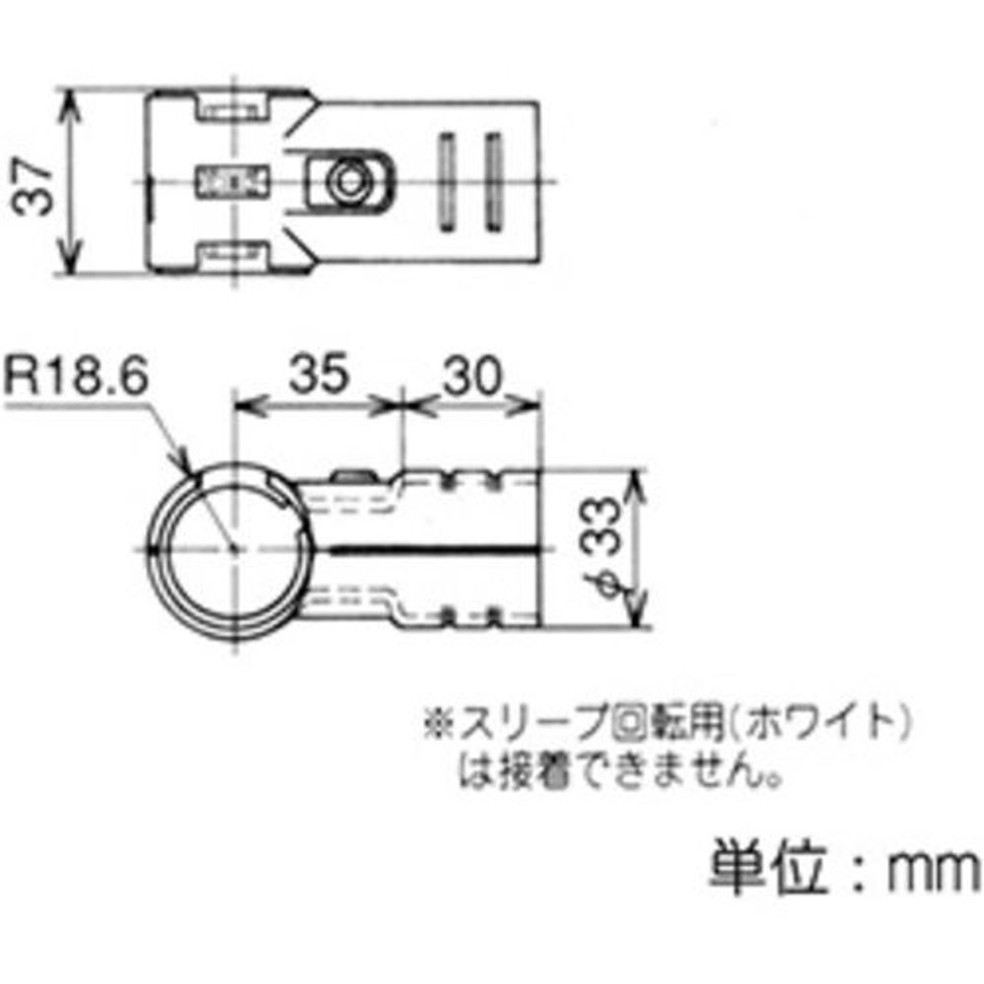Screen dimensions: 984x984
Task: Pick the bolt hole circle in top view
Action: click(345, 181)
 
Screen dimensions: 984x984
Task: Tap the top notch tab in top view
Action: click(234, 104)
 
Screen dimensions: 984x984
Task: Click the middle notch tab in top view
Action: click(234, 181)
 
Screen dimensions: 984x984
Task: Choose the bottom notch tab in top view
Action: click(234, 258)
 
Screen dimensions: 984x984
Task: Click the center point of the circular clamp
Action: click(232, 548)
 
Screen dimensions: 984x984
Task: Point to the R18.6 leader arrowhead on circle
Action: click(187, 471)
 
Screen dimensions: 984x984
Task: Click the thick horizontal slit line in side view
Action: click(433, 548)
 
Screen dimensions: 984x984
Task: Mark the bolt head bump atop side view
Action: click(356, 477)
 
